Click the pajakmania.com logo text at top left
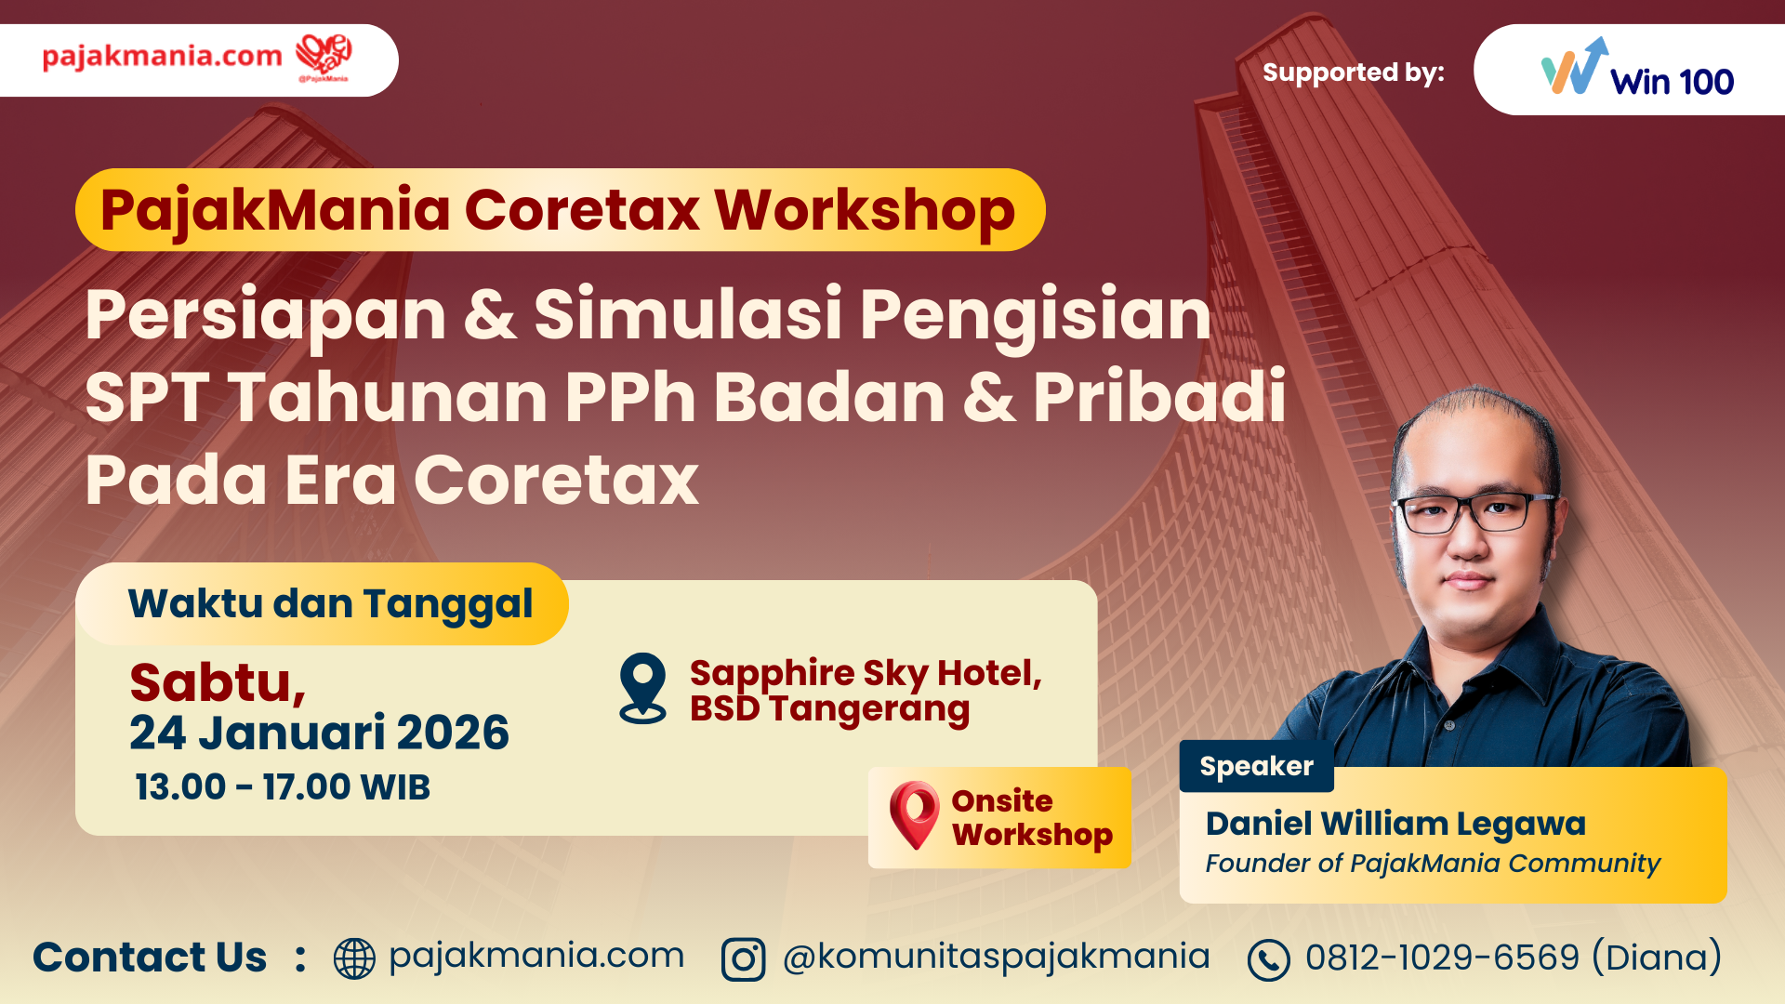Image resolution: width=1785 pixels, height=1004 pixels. point(162,57)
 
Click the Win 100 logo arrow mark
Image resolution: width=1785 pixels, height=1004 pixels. point(1574,66)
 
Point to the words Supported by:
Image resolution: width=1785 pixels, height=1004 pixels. point(1354,73)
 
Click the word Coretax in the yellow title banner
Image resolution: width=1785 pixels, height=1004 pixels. point(582,210)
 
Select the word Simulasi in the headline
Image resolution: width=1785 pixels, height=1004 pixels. point(688,314)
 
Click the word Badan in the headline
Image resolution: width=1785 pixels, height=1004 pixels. point(829,397)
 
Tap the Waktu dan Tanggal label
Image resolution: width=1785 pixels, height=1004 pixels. point(330,604)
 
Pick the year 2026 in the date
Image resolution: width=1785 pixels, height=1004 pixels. point(453,733)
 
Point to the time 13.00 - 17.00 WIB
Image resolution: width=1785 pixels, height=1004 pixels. point(283,787)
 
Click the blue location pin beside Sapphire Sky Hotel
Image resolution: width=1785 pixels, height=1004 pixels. point(643,688)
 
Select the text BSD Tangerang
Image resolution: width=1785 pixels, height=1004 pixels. point(829,709)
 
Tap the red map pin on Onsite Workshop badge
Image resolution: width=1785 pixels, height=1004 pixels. point(914,815)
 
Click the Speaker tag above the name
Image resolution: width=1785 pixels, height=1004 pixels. point(1256,766)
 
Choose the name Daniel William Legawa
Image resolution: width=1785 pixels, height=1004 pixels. point(1395,824)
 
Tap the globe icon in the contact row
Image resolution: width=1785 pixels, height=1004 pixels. point(354,958)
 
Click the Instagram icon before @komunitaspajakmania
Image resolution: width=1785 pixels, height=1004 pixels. point(743,959)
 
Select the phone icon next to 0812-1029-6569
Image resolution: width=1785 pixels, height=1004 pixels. point(1269,960)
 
